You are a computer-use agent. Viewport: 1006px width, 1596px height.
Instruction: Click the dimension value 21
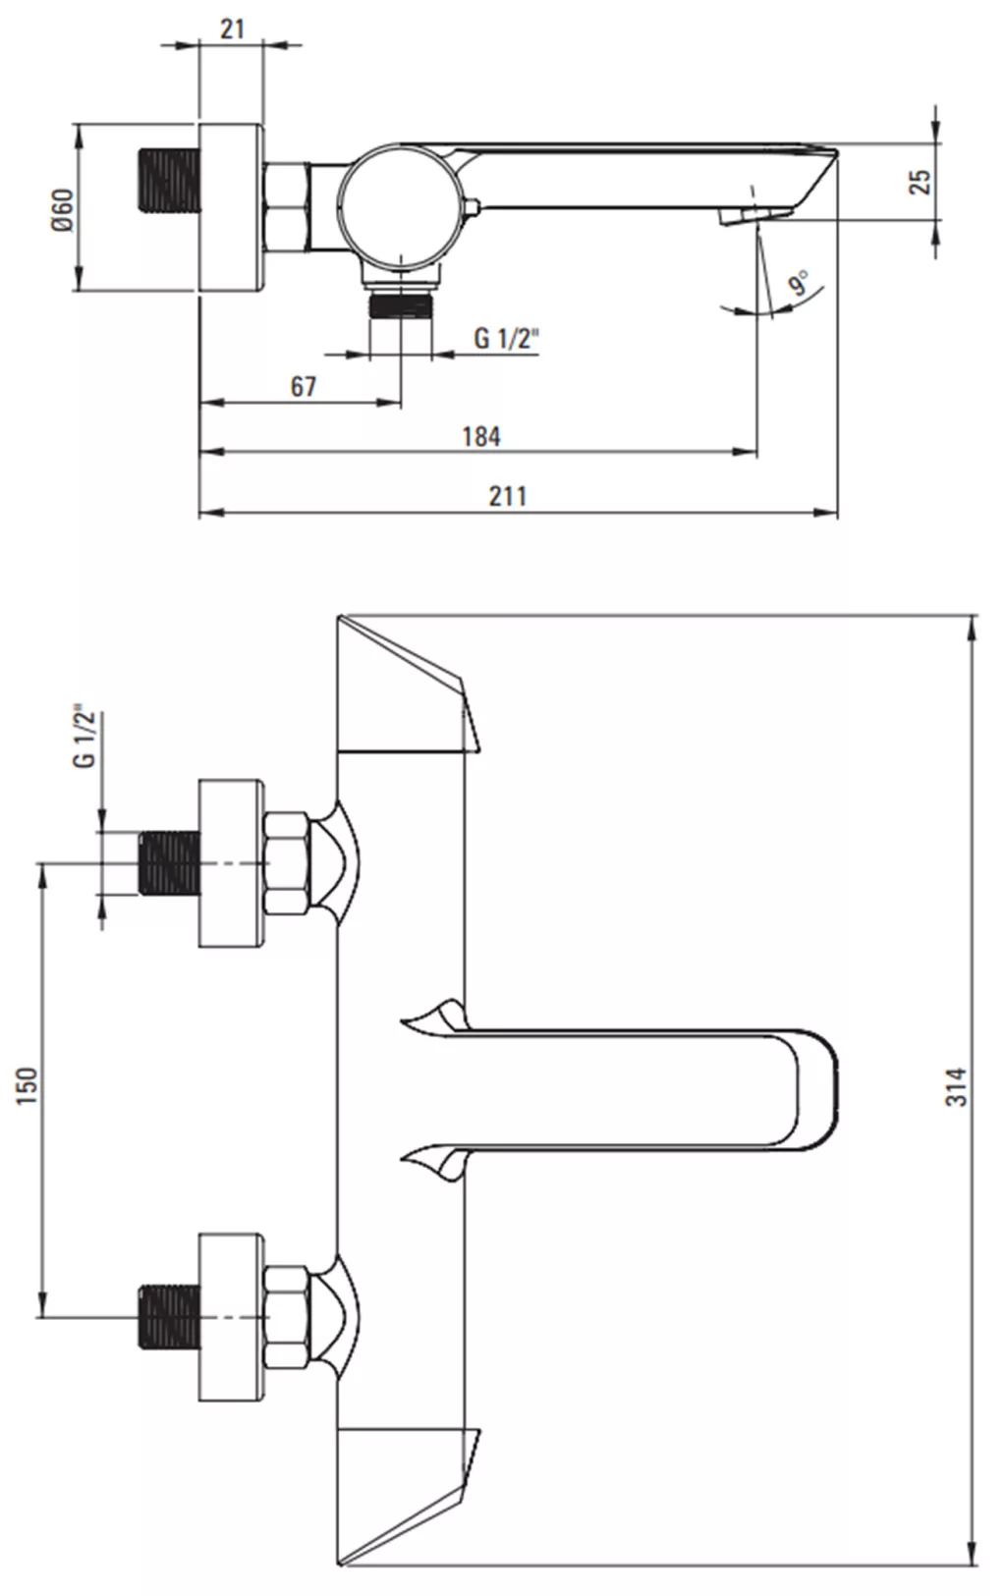pos(232,29)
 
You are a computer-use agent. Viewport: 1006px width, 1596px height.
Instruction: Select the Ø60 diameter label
pos(62,209)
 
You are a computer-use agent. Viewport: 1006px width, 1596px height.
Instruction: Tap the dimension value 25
pos(920,182)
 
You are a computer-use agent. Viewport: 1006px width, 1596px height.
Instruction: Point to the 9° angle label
pos(798,283)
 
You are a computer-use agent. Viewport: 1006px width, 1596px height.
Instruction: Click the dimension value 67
pos(303,386)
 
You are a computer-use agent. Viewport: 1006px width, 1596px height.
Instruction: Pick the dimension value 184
pos(481,436)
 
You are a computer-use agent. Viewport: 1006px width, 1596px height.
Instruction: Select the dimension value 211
pos(508,496)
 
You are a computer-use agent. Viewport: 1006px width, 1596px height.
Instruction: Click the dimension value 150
pos(27,1086)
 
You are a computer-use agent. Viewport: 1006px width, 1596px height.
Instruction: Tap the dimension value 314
pos(956,1086)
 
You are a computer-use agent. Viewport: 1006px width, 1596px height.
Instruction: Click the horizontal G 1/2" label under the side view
pos(507,338)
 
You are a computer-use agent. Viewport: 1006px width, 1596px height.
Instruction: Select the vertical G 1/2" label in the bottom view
pos(84,738)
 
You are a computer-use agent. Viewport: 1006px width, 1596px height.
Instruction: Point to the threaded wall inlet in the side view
pos(167,181)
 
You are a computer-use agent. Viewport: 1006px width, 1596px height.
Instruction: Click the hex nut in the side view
pos(287,207)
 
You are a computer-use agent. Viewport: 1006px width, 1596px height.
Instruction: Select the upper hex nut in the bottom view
pos(287,863)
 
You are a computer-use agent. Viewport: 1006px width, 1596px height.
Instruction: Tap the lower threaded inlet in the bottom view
pos(169,1317)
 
